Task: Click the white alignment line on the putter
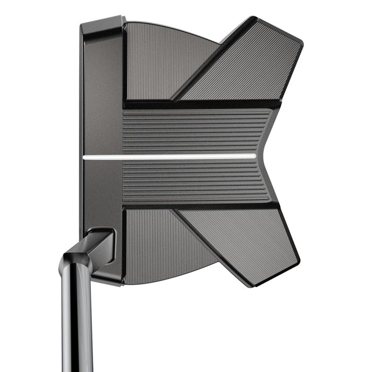tap(170, 157)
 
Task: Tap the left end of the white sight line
tap(85, 157)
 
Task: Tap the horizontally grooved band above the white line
tap(191, 130)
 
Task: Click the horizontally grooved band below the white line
tap(191, 181)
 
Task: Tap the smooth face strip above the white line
tap(102, 106)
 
